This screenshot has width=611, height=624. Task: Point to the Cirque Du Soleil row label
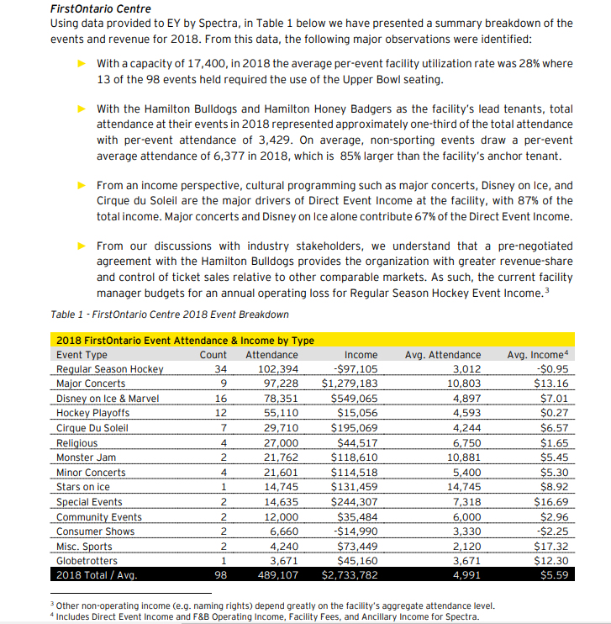tap(92, 428)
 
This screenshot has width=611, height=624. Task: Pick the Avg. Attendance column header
tap(443, 355)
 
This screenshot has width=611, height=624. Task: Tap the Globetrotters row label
tap(88, 560)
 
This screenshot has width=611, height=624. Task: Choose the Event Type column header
tap(82, 355)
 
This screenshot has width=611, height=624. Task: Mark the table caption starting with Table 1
tap(169, 315)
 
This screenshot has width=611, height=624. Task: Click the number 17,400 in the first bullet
tap(205, 64)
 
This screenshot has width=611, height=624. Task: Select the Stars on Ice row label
tap(82, 487)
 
